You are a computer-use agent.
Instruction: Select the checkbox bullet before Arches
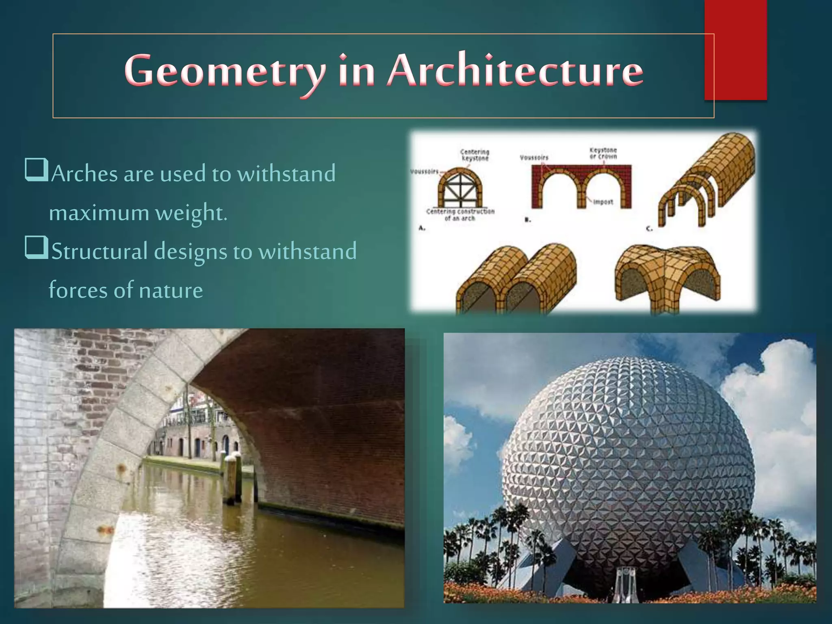coord(37,170)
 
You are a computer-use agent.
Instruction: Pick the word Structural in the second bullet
coord(99,251)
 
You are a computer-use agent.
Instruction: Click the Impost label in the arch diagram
coord(603,202)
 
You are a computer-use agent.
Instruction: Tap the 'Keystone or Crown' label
coord(603,153)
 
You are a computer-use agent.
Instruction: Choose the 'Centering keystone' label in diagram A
coord(474,155)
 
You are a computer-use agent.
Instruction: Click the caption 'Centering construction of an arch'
coord(460,215)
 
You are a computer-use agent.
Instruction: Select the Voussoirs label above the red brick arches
coord(534,157)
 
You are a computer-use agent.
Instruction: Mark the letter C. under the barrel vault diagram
coord(649,229)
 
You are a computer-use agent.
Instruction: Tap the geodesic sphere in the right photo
coord(628,459)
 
